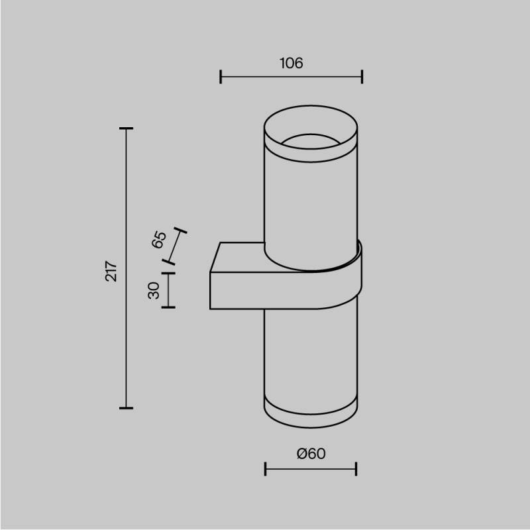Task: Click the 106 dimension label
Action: coord(291,64)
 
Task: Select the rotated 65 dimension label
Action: coord(159,240)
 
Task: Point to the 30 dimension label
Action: coord(154,290)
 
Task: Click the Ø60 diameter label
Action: coord(311,454)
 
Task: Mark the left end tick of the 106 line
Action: coord(221,77)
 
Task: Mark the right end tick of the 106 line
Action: coord(362,77)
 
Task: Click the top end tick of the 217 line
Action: coord(126,128)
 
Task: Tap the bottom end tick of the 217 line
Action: coord(126,407)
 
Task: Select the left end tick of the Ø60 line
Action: coord(265,469)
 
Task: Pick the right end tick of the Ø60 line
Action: coord(356,469)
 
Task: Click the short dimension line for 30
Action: coord(168,290)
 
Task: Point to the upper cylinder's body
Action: coord(311,205)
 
